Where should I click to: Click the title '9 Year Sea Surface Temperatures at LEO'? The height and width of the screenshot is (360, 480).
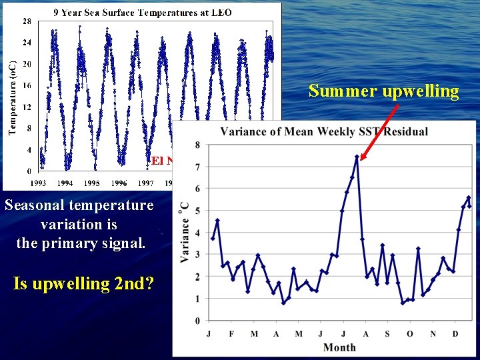click(x=143, y=13)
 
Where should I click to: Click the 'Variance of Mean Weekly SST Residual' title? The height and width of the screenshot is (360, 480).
click(x=324, y=131)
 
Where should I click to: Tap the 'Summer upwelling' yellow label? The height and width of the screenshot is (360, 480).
click(x=383, y=91)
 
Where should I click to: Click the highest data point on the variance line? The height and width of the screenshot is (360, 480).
click(x=357, y=157)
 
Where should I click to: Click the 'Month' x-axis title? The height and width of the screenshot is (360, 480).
click(x=339, y=347)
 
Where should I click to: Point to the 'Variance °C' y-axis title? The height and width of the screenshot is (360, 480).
click(x=184, y=233)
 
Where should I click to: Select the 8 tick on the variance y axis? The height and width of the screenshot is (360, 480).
click(x=197, y=145)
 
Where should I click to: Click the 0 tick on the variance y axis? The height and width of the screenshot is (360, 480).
click(x=197, y=321)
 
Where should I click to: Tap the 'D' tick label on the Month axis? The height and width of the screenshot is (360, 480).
click(x=455, y=333)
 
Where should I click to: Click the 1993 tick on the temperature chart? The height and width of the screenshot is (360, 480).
click(x=39, y=183)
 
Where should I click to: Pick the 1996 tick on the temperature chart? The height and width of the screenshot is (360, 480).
click(x=119, y=183)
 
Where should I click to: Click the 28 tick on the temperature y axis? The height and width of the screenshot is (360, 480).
click(x=26, y=21)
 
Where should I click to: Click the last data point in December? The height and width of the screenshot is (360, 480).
click(x=469, y=206)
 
